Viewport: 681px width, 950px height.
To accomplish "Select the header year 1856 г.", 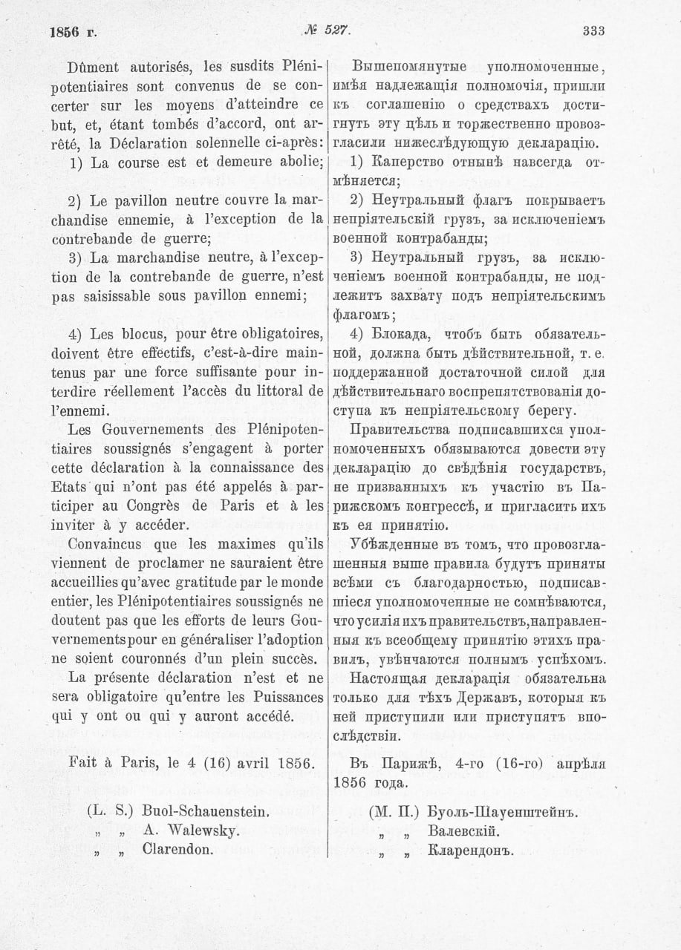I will pos(73,32).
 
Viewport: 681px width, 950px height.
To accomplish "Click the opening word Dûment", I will pos(93,65).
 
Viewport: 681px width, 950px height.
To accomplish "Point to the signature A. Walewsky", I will pos(190,831).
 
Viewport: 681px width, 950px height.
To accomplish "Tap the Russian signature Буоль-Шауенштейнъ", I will pos(503,812).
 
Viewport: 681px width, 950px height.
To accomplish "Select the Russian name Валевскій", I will pos(458,831).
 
